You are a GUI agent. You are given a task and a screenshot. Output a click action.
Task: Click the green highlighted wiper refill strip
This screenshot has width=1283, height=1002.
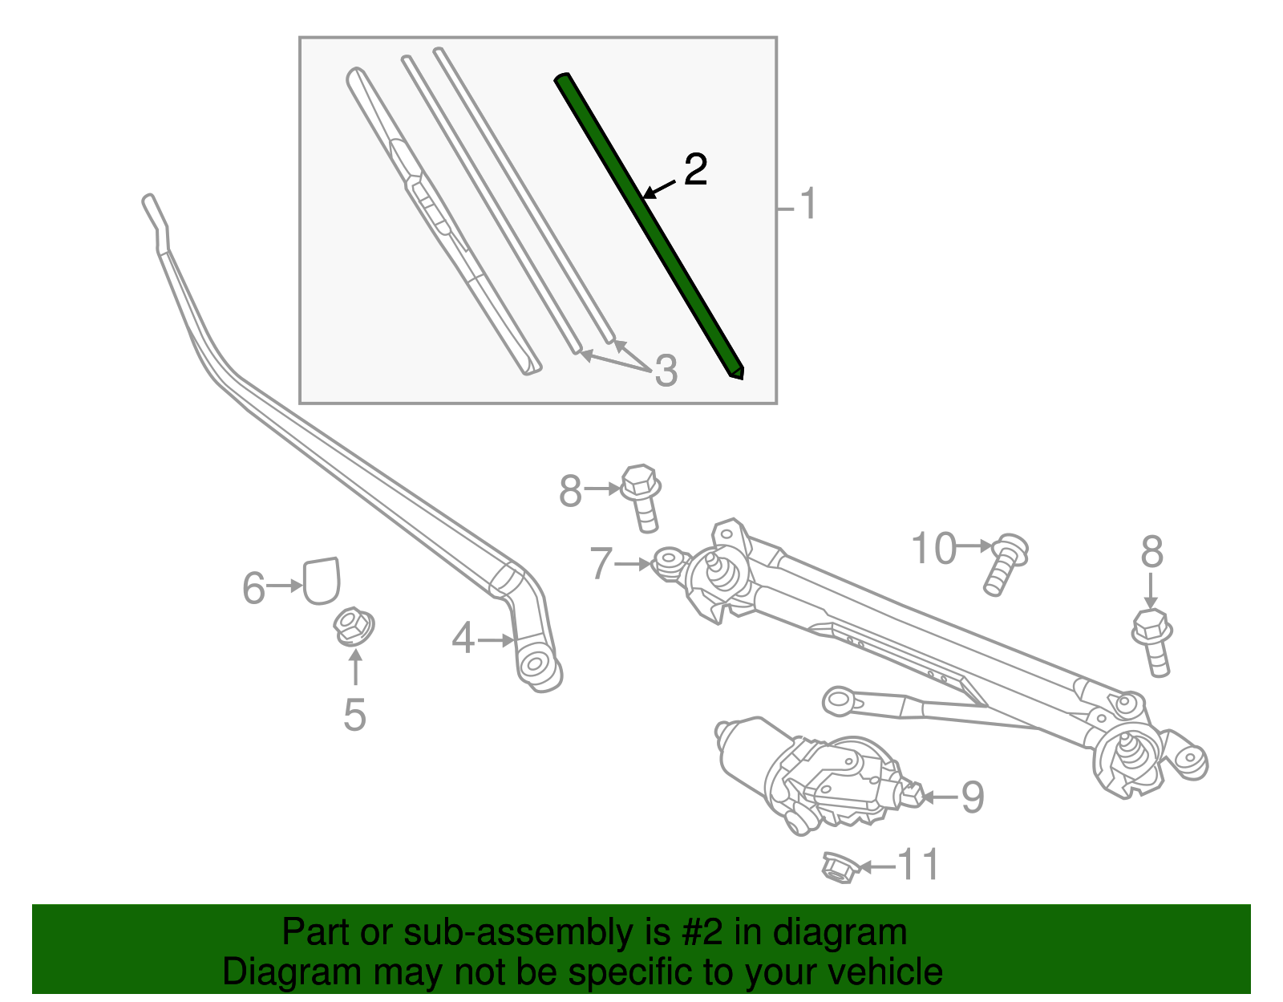coord(650,225)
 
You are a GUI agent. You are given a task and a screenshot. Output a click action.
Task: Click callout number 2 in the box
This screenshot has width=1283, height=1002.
coord(695,169)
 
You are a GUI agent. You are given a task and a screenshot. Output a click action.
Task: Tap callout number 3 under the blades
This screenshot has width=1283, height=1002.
coord(666,371)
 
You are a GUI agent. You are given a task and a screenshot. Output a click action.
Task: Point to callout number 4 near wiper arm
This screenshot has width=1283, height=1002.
coord(463,639)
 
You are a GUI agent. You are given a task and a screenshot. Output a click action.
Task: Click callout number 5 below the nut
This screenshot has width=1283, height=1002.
coord(354,713)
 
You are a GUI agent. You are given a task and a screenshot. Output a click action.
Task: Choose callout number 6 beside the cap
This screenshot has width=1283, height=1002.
coord(253,588)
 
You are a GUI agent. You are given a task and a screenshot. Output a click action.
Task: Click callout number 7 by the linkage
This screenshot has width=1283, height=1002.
coord(601,563)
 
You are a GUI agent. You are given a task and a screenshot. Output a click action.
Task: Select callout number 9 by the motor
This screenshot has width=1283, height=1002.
coord(972,797)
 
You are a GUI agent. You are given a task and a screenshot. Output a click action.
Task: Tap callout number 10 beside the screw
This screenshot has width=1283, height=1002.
coord(934,549)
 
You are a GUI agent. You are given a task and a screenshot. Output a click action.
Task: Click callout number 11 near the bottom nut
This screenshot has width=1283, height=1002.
coord(917,865)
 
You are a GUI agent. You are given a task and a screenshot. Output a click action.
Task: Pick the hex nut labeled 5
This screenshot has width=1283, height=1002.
coord(353,626)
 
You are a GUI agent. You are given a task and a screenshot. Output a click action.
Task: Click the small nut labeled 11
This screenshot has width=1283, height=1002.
coord(839,867)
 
